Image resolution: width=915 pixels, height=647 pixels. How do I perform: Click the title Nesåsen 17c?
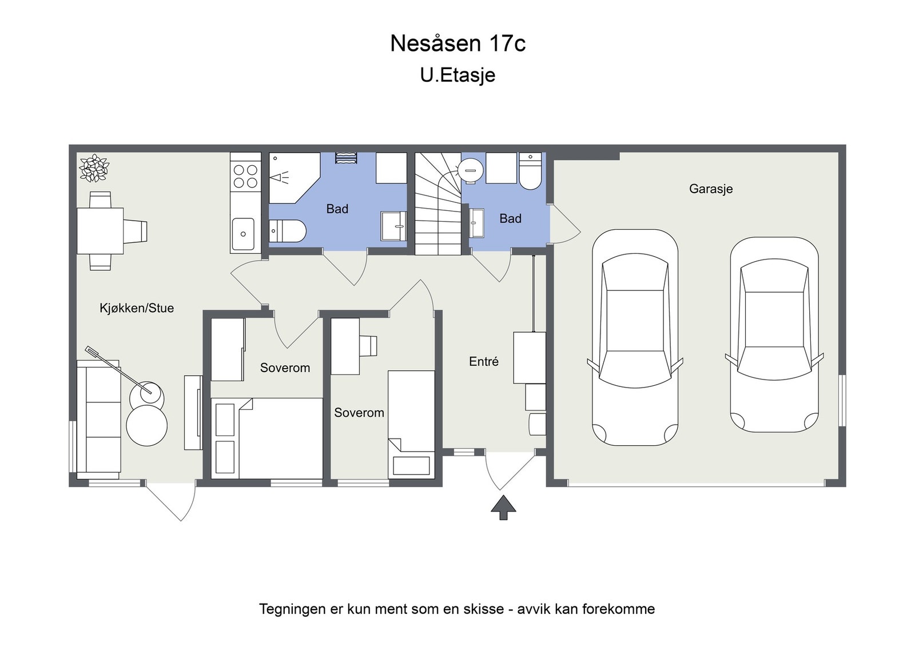pyautogui.click(x=457, y=43)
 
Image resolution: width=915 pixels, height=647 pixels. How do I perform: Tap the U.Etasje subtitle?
pyautogui.click(x=457, y=75)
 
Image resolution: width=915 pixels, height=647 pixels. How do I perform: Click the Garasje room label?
pyautogui.click(x=710, y=189)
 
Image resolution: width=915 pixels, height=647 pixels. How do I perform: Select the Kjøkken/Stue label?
pyautogui.click(x=137, y=308)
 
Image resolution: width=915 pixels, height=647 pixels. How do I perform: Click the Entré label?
pyautogui.click(x=484, y=361)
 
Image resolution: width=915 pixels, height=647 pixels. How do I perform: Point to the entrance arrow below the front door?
pyautogui.click(x=503, y=508)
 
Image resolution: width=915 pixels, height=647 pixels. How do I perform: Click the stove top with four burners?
pyautogui.click(x=245, y=176)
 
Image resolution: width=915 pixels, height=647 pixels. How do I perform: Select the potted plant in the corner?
pyautogui.click(x=94, y=168)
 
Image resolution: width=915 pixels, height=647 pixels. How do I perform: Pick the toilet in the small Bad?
pyautogui.click(x=531, y=171)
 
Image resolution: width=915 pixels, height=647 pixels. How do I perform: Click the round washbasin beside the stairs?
pyautogui.click(x=471, y=170)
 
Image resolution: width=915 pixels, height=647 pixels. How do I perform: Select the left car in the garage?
pyautogui.click(x=635, y=337)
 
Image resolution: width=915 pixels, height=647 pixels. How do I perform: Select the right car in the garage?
pyautogui.click(x=774, y=334)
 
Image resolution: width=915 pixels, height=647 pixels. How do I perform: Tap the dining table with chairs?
pyautogui.click(x=101, y=231)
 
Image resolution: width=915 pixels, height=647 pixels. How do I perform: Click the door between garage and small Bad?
pyautogui.click(x=563, y=226)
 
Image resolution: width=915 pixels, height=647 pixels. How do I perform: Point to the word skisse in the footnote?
pyautogui.click(x=484, y=609)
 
